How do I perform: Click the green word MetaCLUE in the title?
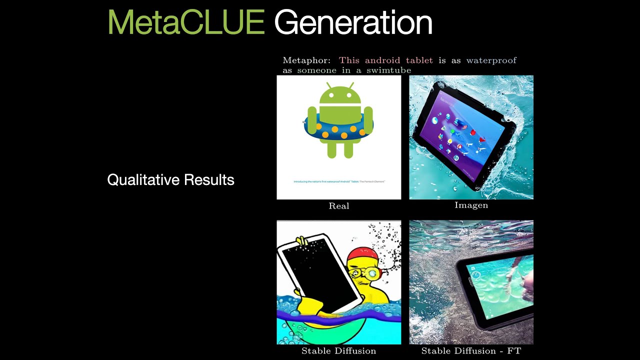[186, 22]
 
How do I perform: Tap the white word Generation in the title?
[353, 22]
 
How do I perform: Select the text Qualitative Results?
[170, 180]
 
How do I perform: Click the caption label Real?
[339, 206]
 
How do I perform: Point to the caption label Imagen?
[471, 205]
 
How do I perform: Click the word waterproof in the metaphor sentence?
[491, 60]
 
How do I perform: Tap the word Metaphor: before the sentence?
[306, 60]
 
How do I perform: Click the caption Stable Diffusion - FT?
[471, 351]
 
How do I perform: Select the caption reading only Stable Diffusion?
[338, 351]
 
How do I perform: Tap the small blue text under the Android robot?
[339, 181]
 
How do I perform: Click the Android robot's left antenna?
[328, 85]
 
